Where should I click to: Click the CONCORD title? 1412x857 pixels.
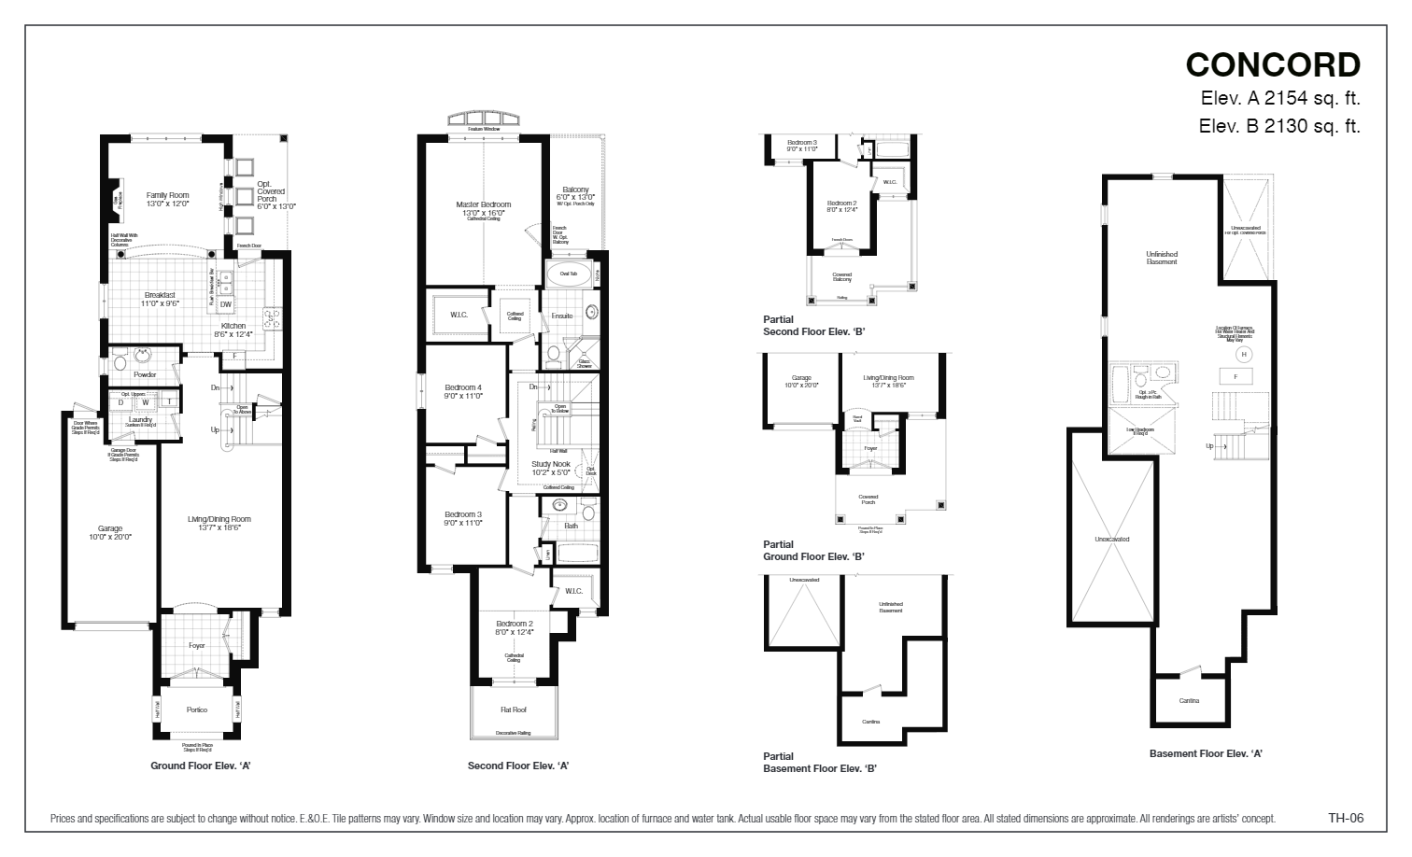pos(1272,64)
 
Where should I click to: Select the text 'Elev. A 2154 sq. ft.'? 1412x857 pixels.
pos(1279,98)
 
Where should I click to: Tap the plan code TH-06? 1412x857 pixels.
pos(1346,818)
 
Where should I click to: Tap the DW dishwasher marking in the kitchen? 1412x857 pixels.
pos(226,304)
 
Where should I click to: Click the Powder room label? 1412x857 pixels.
pos(145,374)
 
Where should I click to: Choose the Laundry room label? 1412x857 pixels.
pos(140,420)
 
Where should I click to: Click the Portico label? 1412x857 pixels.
pos(196,709)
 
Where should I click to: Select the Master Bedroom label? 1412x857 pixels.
pos(483,204)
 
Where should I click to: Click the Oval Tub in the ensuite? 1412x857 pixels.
pos(568,274)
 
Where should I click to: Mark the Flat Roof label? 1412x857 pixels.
pos(513,709)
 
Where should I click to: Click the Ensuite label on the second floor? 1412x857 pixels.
pos(561,316)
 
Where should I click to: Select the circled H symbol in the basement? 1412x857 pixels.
pos(1242,355)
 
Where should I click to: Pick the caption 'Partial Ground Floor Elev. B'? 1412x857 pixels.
pos(812,551)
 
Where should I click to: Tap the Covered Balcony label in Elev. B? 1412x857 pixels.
pos(841,277)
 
